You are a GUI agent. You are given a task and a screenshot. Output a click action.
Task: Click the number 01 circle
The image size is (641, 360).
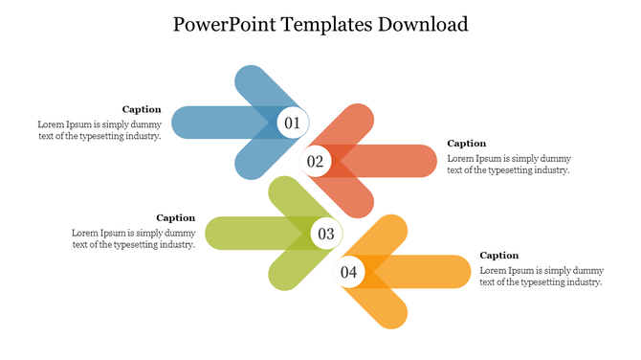[x=292, y=123]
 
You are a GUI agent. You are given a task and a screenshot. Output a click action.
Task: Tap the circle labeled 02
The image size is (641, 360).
[x=316, y=161]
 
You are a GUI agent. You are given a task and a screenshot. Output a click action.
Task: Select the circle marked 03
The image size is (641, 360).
[x=325, y=233]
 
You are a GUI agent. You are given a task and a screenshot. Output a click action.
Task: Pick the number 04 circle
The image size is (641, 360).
[x=348, y=272]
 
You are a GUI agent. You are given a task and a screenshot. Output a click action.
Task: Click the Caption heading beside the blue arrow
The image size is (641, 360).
[x=142, y=109]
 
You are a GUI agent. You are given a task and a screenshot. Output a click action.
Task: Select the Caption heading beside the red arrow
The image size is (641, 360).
[x=467, y=144]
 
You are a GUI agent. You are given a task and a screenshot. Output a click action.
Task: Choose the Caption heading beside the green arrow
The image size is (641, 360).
[x=176, y=217]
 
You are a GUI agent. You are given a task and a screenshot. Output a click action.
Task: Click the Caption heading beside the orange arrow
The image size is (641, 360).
[x=498, y=256]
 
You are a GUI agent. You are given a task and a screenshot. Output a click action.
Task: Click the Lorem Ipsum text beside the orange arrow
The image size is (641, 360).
[x=541, y=277]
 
